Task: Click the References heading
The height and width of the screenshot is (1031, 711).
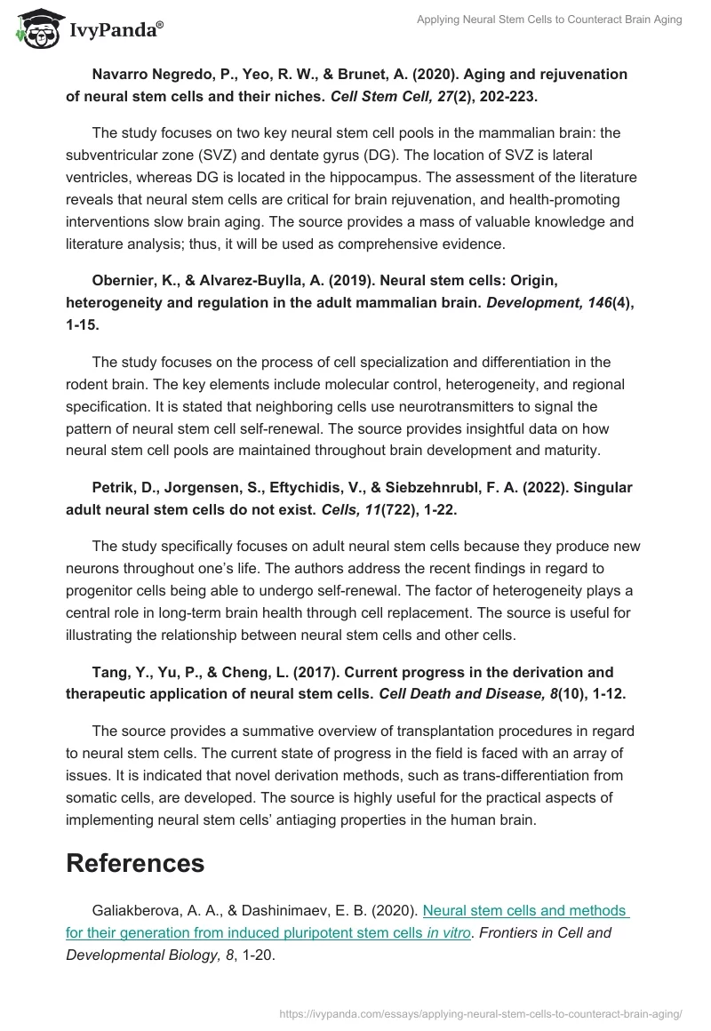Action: pyautogui.click(x=135, y=862)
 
